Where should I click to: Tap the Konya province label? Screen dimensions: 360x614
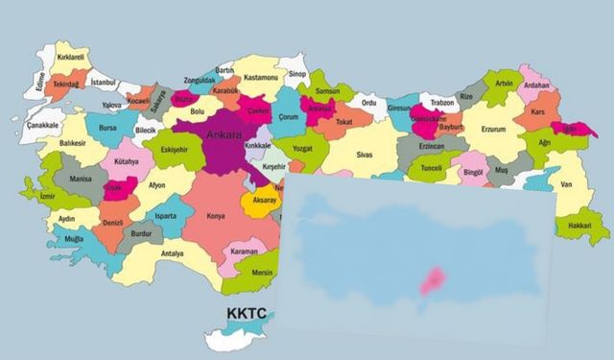pyautogui.click(x=217, y=216)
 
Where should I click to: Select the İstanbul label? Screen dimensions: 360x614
pyautogui.click(x=103, y=84)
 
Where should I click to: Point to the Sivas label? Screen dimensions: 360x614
pyautogui.click(x=365, y=154)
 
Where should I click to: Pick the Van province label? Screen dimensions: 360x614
pyautogui.click(x=565, y=183)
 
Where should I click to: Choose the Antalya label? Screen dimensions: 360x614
pyautogui.click(x=172, y=253)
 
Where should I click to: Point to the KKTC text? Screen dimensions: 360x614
pyautogui.click(x=247, y=314)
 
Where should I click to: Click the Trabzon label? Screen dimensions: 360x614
pyautogui.click(x=441, y=102)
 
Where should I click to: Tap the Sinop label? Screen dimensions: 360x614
pyautogui.click(x=297, y=74)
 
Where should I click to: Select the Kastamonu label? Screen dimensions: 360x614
pyautogui.click(x=259, y=76)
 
